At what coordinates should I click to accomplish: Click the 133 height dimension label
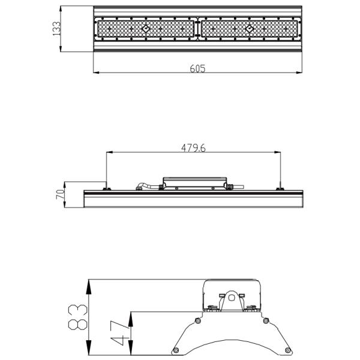tap(57, 29)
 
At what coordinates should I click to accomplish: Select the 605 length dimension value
tap(197, 68)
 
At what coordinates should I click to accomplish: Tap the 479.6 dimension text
tap(193, 148)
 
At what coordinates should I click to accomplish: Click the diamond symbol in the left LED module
tap(146, 28)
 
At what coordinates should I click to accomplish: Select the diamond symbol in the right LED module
tap(249, 28)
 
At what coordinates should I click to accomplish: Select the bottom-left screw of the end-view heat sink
tap(175, 350)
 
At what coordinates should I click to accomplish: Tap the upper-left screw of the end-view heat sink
tap(196, 320)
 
